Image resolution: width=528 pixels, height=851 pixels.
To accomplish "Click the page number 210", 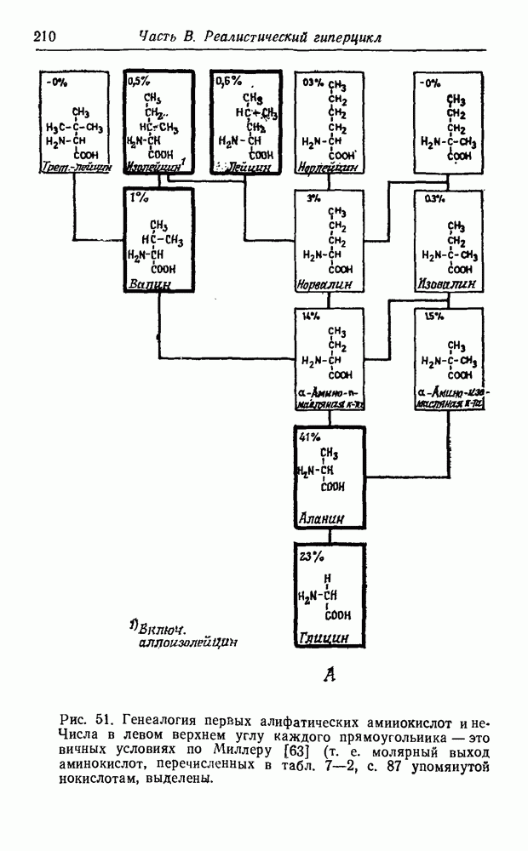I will tap(44, 36).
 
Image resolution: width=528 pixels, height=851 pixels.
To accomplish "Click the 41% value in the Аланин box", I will tap(309, 437).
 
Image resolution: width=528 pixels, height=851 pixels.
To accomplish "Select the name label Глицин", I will tap(324, 636).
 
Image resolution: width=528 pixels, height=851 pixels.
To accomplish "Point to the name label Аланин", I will tap(321, 517).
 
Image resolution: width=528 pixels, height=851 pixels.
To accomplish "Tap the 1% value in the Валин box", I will tap(138, 197).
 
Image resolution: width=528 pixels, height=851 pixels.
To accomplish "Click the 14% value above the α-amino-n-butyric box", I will tap(309, 316).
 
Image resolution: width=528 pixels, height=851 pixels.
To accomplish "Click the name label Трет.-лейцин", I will tap(76, 168).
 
